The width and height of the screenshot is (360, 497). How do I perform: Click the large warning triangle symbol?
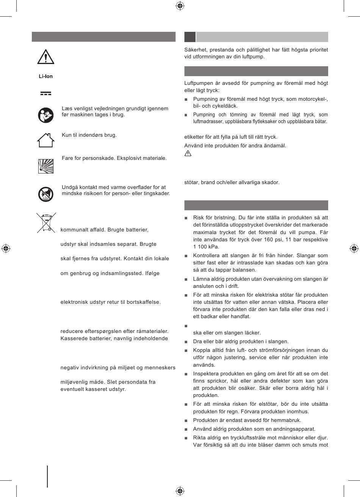pos(45,57)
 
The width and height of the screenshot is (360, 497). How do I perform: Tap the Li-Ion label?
pos(45,76)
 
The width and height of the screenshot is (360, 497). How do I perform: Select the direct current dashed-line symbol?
pos(45,93)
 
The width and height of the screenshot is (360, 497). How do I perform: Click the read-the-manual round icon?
pos(46,115)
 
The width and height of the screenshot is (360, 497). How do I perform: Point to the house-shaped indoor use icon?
pos(45,140)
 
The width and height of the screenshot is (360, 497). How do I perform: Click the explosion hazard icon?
pos(46,166)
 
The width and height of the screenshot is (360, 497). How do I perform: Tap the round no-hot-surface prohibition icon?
pos(46,194)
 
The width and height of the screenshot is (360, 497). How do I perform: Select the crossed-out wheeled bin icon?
pos(46,222)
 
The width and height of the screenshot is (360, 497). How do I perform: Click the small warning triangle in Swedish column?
pos(188,153)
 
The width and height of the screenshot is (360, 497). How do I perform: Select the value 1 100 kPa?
pos(206,247)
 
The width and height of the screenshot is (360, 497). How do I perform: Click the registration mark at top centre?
pos(180,6)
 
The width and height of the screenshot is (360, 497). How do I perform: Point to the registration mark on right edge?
pos(354,248)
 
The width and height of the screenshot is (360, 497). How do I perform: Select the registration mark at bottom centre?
pos(180,491)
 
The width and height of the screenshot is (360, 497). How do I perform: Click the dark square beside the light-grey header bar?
pos(190,37)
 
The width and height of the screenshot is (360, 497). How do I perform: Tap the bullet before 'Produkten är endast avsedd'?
pos(186,420)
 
